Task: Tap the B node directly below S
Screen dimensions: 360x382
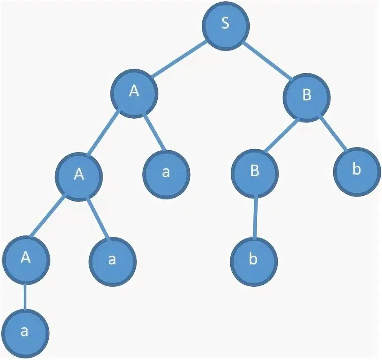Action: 306,97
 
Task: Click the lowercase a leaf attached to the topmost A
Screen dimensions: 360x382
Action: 166,173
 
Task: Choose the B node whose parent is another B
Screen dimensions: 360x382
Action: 255,173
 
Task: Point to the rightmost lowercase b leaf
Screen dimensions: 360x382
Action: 357,172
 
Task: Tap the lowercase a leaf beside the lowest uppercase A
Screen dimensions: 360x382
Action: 112,261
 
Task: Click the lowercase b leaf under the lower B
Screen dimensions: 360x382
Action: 254,261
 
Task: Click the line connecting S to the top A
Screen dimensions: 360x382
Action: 180,58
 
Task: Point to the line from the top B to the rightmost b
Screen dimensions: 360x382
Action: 333,134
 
